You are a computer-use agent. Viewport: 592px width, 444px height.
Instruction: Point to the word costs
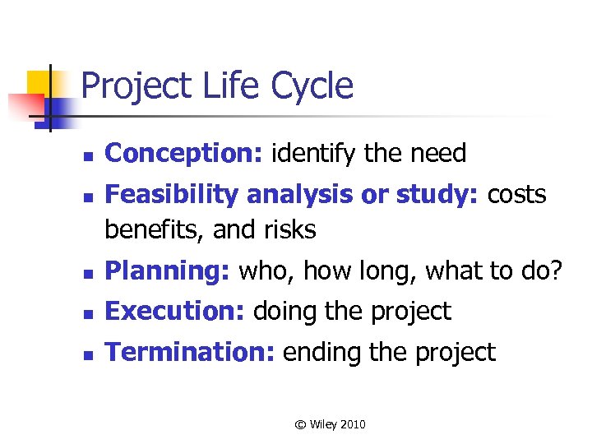point(517,195)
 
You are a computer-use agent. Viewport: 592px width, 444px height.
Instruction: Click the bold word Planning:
point(169,271)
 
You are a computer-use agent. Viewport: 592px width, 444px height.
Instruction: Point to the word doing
point(284,311)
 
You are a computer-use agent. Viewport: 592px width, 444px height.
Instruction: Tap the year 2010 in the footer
point(351,424)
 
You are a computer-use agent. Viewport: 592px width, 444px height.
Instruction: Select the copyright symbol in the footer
point(300,424)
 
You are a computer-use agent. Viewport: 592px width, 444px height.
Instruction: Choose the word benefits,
point(155,229)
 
